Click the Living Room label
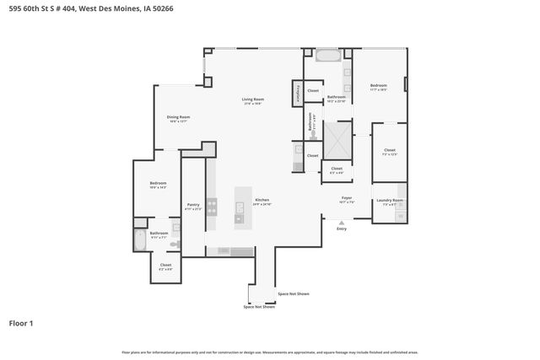click(253, 100)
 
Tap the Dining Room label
click(178, 117)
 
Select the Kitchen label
click(262, 200)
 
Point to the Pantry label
click(193, 204)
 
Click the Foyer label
click(346, 197)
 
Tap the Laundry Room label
click(392, 201)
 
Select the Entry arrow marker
click(342, 223)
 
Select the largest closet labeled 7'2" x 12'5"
click(389, 151)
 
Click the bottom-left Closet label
click(165, 266)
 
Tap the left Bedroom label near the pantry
click(158, 184)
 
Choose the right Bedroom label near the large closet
click(378, 86)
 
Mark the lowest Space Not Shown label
click(259, 307)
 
